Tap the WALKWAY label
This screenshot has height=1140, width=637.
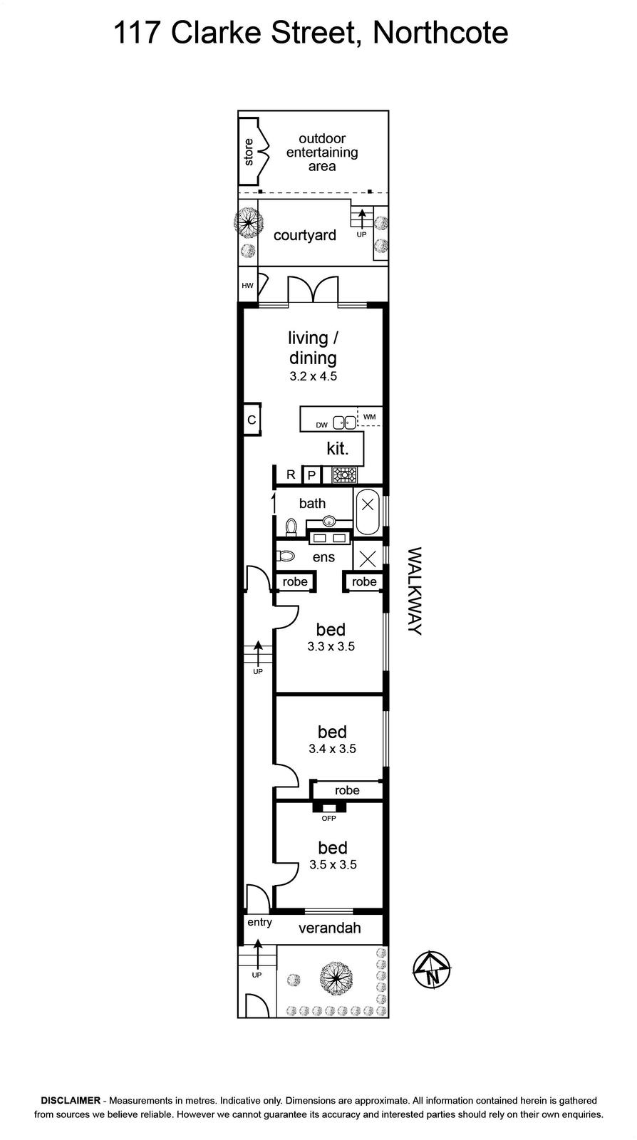coord(415,591)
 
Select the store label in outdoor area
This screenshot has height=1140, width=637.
coord(249,152)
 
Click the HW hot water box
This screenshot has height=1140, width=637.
coord(248,286)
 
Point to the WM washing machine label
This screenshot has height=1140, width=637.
coord(370,417)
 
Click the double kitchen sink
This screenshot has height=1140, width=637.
coord(344,423)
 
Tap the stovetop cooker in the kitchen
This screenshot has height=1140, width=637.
coord(345,475)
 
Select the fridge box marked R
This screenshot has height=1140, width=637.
coord(290,475)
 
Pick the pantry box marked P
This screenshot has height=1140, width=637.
coord(312,475)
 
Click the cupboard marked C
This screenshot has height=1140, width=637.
coord(252,420)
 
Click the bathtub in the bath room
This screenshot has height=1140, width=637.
coord(368,512)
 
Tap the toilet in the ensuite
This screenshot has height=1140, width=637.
coord(286,556)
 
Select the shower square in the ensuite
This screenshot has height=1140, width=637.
coord(368,559)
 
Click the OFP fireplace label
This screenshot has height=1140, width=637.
coord(328,819)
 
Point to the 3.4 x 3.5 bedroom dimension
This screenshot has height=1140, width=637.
coord(332,749)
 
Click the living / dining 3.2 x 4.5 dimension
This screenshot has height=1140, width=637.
coord(314,377)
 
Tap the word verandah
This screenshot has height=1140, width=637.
coord(330,928)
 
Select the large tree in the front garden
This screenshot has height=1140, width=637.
coord(336,978)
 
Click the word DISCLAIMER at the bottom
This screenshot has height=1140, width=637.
coord(71,1100)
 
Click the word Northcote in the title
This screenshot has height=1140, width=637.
coord(440,33)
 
